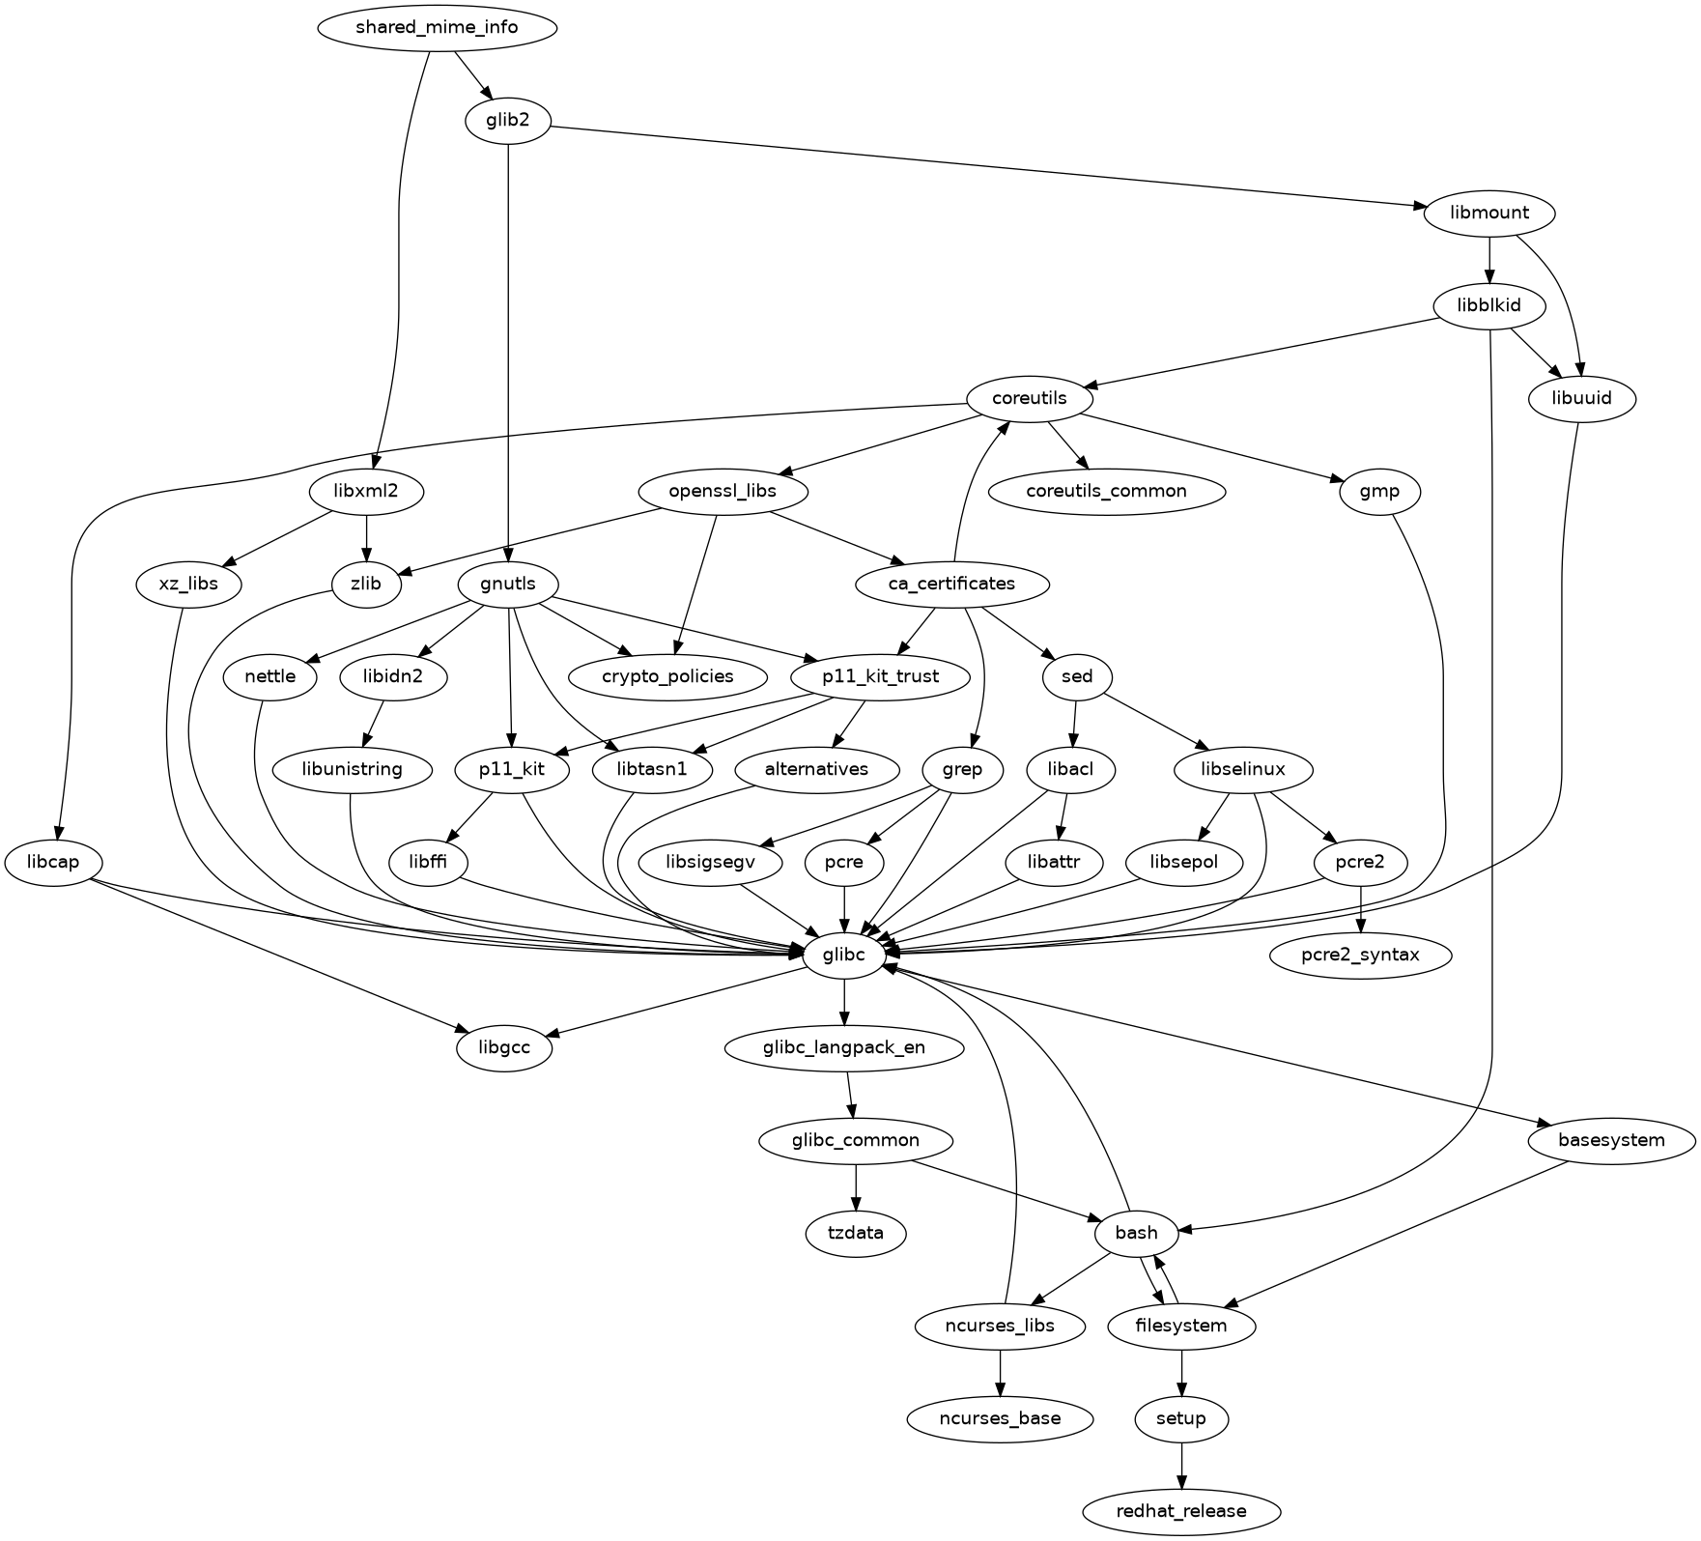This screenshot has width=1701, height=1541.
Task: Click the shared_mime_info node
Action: click(437, 27)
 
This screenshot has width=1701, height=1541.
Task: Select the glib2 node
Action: click(508, 120)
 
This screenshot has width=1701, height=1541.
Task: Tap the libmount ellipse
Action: click(1488, 213)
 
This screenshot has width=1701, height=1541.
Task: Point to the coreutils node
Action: click(1029, 398)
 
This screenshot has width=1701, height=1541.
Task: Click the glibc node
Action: click(844, 955)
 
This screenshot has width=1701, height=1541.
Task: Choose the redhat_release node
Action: click(1181, 1511)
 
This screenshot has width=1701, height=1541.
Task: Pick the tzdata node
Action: click(856, 1233)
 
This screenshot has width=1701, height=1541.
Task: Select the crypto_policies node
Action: click(667, 676)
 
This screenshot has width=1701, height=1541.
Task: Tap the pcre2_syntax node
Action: click(1360, 955)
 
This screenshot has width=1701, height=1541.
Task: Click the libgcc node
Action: click(504, 1047)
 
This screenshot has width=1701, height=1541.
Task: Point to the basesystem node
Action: click(1611, 1140)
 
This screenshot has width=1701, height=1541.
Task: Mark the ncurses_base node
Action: click(1000, 1418)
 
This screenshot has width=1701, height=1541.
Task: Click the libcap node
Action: click(54, 862)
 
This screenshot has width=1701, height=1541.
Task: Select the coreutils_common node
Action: click(1106, 491)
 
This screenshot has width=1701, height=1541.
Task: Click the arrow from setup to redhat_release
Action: click(1181, 1465)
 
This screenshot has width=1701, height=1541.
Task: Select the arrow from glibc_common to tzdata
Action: click(856, 1186)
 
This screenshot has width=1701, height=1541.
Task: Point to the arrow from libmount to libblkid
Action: click(1488, 259)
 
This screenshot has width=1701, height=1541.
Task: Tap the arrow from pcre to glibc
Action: click(845, 908)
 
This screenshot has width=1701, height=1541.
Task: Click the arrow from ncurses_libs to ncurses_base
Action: click(1000, 1372)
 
